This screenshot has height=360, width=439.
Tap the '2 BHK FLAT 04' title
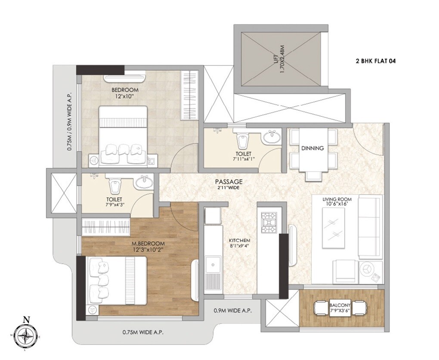375,61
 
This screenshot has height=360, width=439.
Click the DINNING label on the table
312,148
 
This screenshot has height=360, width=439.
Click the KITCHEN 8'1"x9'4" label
240,243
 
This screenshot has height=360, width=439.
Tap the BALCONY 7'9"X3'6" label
341,307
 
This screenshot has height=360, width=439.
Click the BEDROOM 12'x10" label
125,93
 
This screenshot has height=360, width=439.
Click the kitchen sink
212,264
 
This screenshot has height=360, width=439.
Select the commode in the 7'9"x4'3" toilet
114,186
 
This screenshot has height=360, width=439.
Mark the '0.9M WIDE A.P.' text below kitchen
233,310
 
